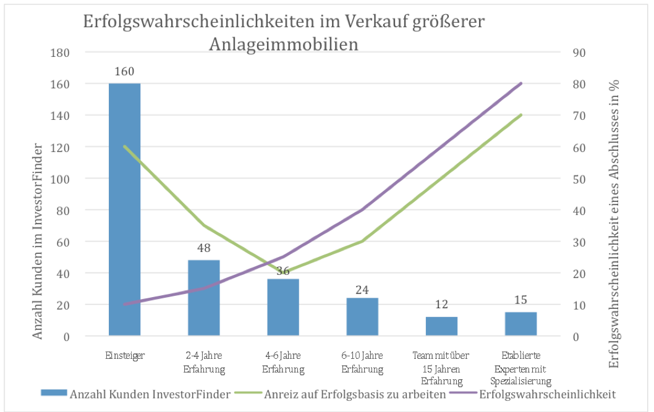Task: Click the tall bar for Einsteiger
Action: click(x=124, y=210)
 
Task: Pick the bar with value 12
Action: click(x=441, y=326)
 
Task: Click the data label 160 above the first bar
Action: click(x=124, y=72)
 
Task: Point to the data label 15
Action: click(x=520, y=300)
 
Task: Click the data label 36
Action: click(x=282, y=271)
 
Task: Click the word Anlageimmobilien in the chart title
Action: click(x=284, y=44)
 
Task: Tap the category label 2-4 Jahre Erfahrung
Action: click(x=203, y=363)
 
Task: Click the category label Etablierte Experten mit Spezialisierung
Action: click(x=520, y=368)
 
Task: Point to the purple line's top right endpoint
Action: click(x=521, y=83)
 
